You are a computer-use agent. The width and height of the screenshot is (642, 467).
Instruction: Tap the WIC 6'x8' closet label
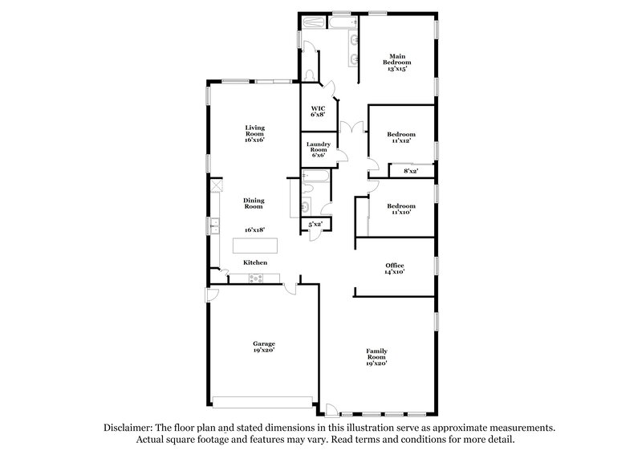(x=318, y=111)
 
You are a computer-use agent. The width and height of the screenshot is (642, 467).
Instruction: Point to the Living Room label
(x=255, y=133)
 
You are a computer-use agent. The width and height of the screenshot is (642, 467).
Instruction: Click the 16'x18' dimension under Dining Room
(x=255, y=229)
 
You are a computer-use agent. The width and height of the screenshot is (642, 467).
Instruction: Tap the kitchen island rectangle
(x=254, y=246)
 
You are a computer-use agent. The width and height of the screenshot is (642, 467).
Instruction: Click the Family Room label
(x=376, y=357)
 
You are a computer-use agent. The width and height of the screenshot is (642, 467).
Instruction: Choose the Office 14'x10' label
(x=394, y=269)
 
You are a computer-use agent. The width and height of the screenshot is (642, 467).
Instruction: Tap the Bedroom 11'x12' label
(x=401, y=137)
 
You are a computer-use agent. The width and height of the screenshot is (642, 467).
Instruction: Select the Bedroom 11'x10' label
(x=401, y=209)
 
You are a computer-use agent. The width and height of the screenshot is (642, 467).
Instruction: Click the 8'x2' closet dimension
(x=410, y=171)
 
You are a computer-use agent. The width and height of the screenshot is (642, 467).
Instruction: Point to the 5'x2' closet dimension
(x=315, y=225)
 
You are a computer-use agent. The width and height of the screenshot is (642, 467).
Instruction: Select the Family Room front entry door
(x=330, y=411)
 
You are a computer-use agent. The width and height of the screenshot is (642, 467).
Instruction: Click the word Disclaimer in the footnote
(x=128, y=428)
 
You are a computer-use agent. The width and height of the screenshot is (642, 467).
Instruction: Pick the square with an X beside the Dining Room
(x=215, y=185)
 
